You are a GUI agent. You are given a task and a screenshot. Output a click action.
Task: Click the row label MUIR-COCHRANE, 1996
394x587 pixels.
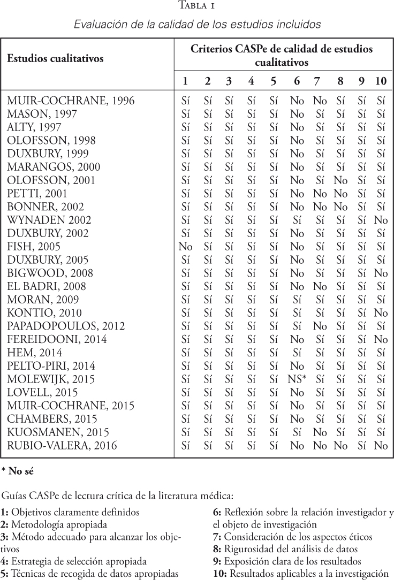click(70, 100)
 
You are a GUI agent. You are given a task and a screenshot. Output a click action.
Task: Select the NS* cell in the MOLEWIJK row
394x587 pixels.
click(297, 379)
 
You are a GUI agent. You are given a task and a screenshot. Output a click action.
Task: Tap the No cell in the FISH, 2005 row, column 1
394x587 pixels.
click(186, 246)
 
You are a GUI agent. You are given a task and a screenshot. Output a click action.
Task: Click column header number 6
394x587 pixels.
click(296, 81)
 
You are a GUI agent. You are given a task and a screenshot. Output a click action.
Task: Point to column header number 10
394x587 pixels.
click(381, 81)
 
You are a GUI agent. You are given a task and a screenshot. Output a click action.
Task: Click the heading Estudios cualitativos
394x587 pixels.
click(55, 58)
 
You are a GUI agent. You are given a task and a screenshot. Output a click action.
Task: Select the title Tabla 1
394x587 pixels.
click(197, 7)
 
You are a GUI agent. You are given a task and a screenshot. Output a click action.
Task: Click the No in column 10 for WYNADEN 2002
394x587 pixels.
click(381, 220)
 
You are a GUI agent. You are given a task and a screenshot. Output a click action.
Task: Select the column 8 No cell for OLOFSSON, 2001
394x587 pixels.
click(340, 180)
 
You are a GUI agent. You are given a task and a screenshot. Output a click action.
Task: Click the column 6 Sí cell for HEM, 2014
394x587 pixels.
click(297, 353)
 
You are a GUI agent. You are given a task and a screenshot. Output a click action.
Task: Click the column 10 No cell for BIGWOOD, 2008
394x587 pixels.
click(381, 273)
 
